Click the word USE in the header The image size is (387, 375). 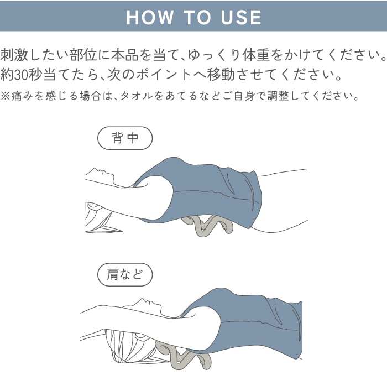[241, 18]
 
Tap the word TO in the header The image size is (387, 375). [197, 18]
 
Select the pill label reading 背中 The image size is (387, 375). [125, 138]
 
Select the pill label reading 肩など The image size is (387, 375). [125, 274]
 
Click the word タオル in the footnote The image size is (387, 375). [137, 96]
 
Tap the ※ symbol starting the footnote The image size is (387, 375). [5, 96]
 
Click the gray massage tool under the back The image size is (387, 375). [207, 226]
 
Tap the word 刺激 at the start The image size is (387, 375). [14, 55]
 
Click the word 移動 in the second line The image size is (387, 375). [221, 75]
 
